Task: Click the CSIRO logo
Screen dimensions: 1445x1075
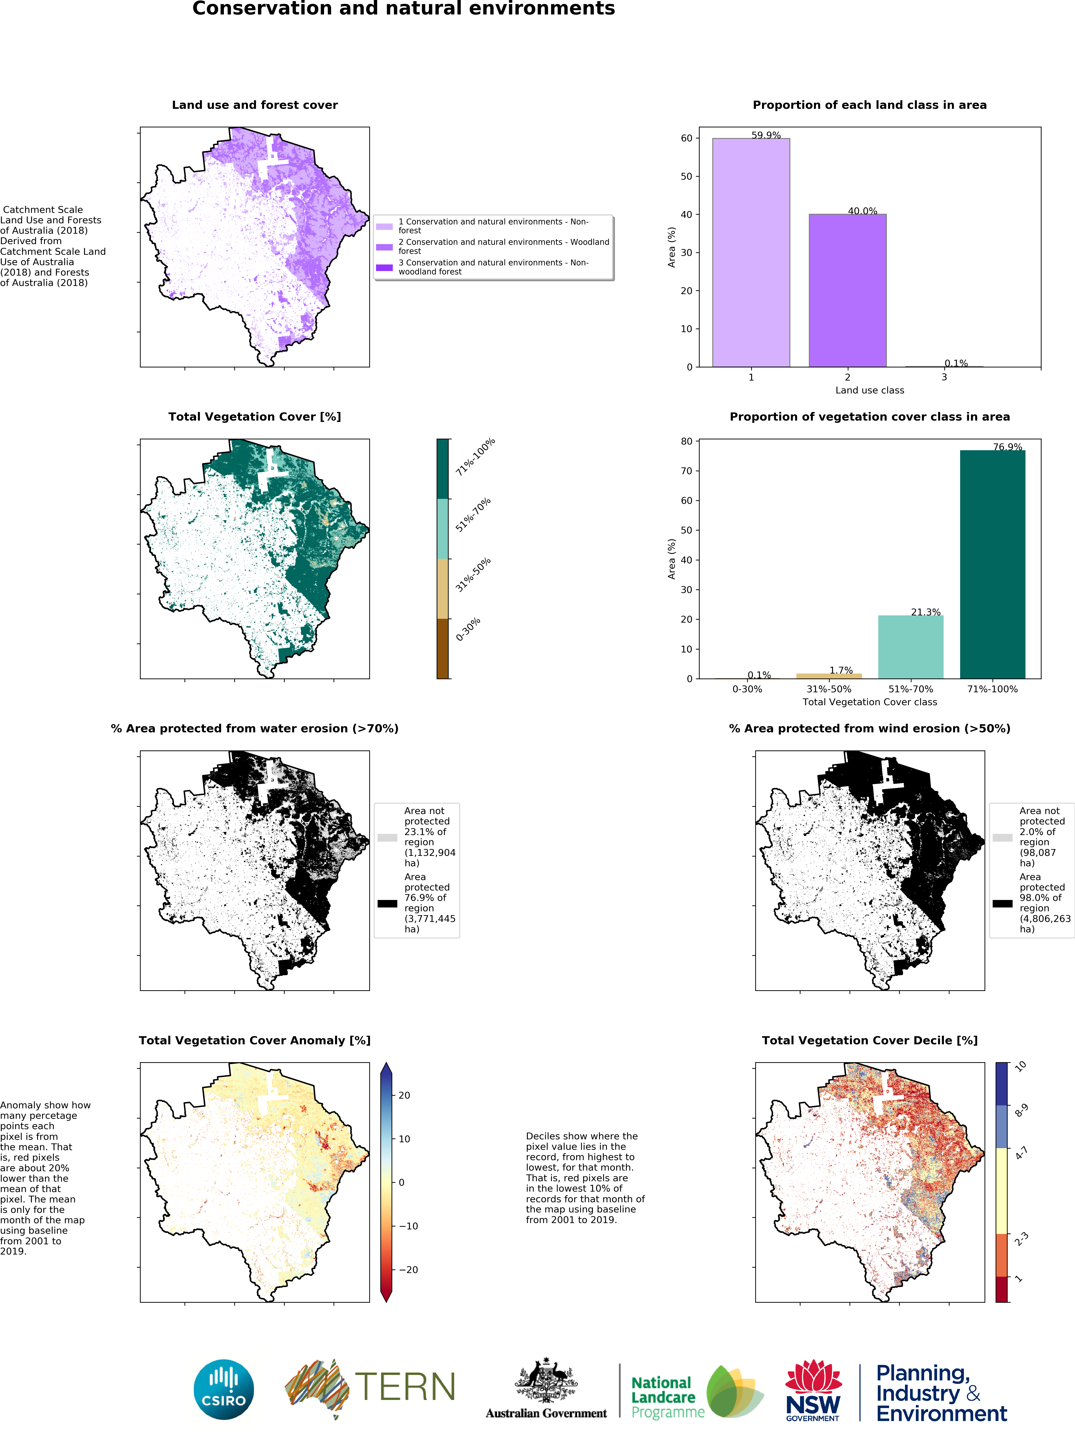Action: (224, 1389)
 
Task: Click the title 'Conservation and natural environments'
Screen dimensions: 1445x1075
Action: (403, 9)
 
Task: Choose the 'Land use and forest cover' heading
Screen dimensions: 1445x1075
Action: (254, 105)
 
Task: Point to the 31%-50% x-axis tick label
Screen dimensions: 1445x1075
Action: (828, 689)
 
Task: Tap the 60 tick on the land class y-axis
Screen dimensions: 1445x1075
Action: (687, 138)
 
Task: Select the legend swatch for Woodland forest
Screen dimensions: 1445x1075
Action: (384, 247)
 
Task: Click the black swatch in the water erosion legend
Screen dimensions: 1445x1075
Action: (387, 903)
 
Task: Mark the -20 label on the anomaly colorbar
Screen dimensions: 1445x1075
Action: (408, 1269)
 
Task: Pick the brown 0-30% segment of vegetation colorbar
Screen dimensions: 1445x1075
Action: (443, 648)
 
